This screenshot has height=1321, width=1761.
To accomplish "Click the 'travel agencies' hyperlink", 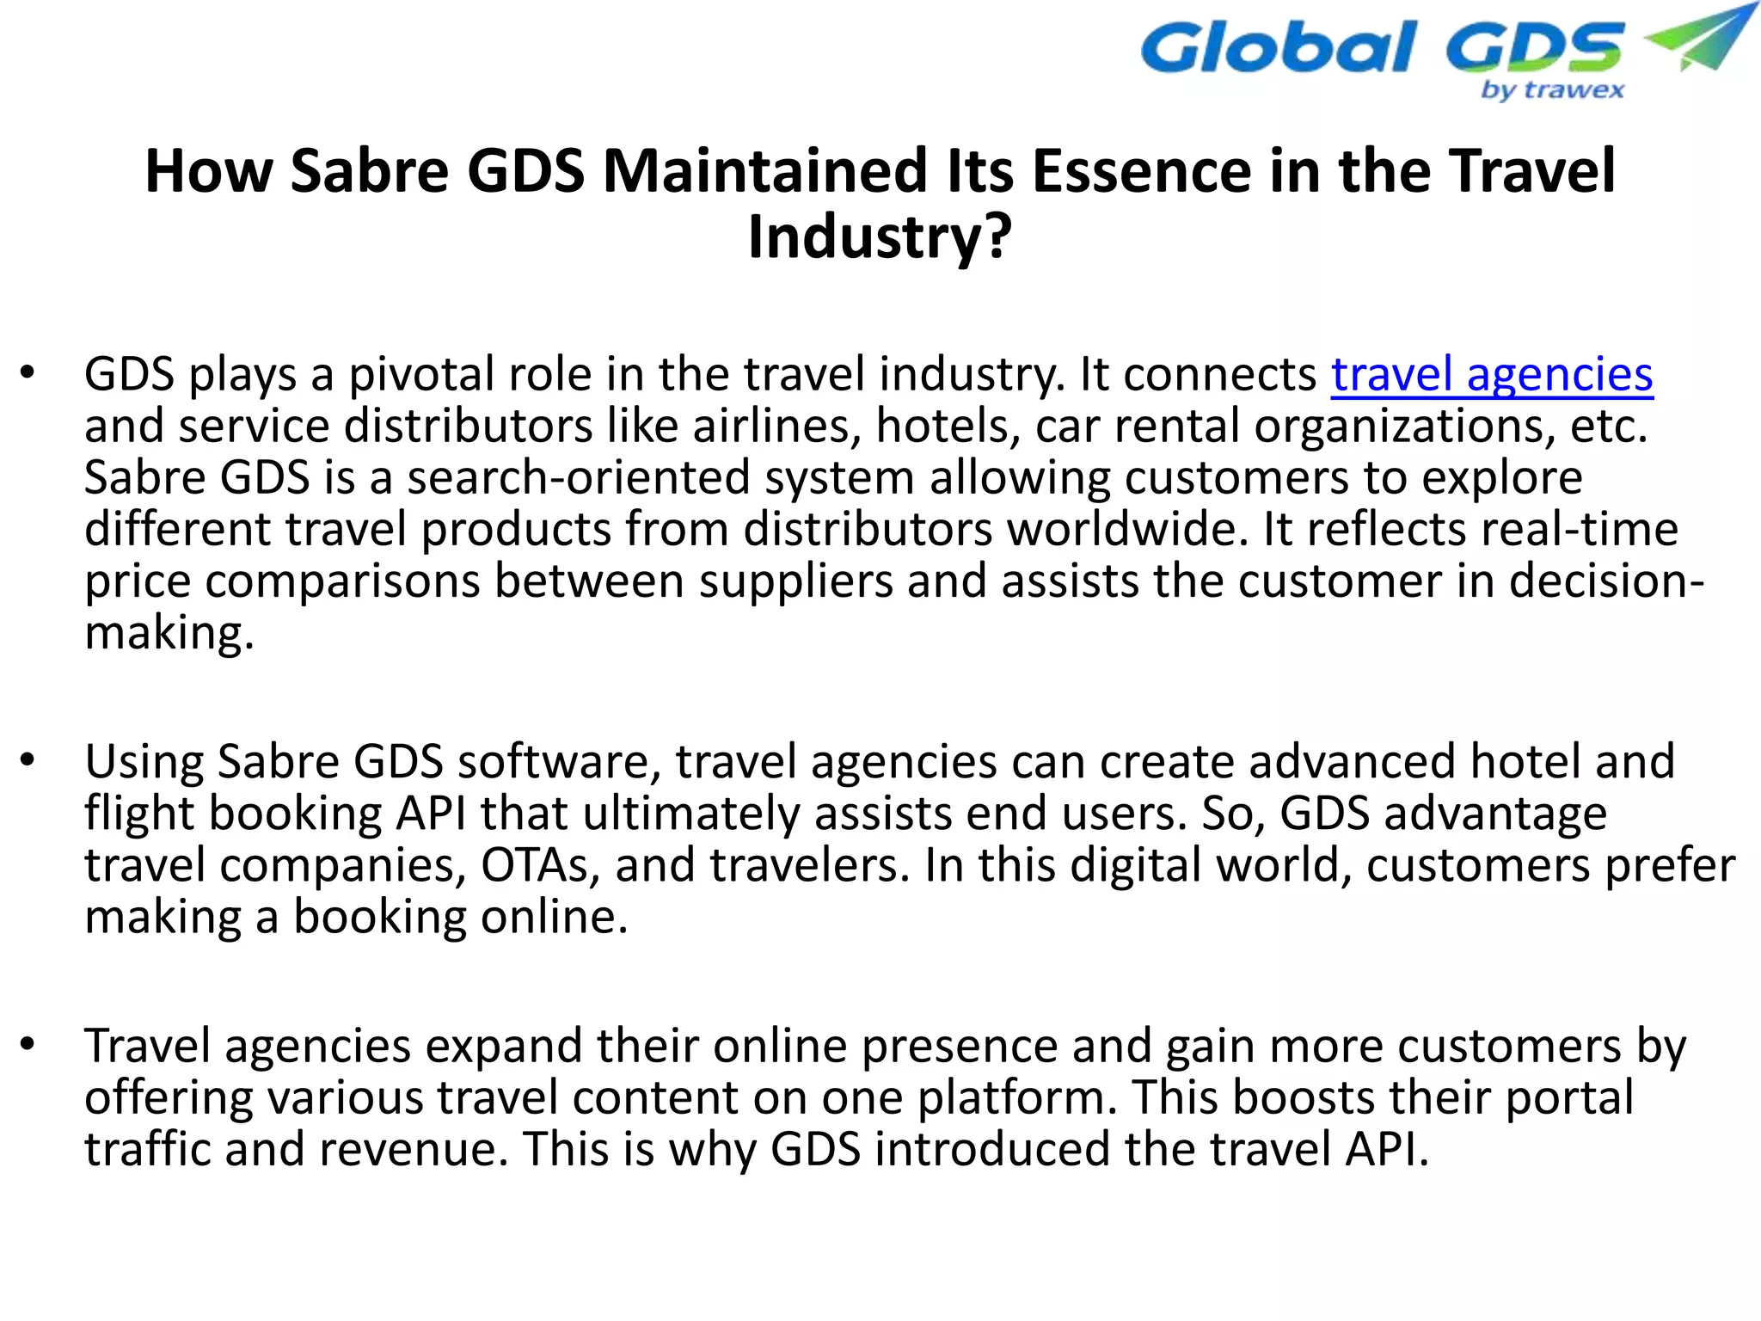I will pos(1492,375).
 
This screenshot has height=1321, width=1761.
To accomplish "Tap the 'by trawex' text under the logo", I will pos(1552,90).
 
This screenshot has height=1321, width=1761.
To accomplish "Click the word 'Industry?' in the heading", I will pos(880,237).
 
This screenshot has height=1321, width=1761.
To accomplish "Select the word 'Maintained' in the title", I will pos(764,170).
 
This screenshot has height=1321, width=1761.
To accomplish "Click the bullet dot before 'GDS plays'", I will pos(28,373).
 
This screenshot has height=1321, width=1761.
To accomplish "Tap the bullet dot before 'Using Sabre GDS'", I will pos(28,761).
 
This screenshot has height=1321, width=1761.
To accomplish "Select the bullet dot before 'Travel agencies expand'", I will pos(28,1045).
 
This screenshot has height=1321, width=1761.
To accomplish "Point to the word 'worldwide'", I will pos(1126,530).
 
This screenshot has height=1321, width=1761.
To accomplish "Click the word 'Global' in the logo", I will pos(1277,49).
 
